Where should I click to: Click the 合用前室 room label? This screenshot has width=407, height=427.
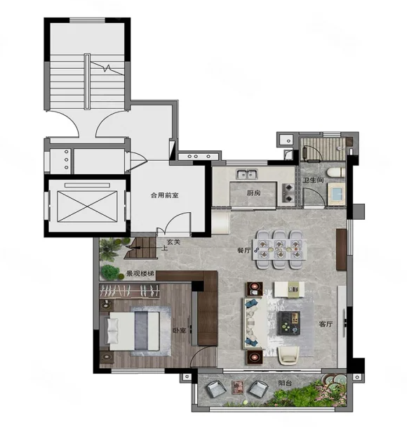(x=165, y=195)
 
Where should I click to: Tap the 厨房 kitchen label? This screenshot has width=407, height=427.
(x=253, y=193)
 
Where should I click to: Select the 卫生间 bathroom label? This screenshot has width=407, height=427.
(x=314, y=180)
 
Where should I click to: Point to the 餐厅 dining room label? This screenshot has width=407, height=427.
(x=243, y=250)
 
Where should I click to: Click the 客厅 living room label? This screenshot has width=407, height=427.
(x=326, y=324)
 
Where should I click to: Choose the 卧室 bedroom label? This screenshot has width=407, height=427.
(x=179, y=330)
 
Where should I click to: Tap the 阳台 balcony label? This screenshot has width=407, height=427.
(x=285, y=383)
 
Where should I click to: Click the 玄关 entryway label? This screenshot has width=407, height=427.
(x=173, y=242)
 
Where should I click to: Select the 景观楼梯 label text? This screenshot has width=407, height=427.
(x=140, y=274)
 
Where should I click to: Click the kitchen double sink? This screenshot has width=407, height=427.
(x=247, y=173)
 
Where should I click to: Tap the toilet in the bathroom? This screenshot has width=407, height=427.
(x=335, y=173)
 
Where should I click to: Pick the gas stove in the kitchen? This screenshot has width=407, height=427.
(x=288, y=193)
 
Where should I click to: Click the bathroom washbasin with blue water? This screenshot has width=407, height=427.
(x=336, y=194)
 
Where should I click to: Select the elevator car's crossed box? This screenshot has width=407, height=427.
(x=87, y=206)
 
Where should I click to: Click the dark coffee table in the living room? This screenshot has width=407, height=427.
(x=288, y=323)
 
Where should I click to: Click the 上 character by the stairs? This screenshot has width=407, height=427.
(x=164, y=248)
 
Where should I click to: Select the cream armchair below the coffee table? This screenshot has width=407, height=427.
(x=288, y=355)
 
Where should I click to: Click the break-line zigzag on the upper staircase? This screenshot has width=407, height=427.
(x=107, y=68)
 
